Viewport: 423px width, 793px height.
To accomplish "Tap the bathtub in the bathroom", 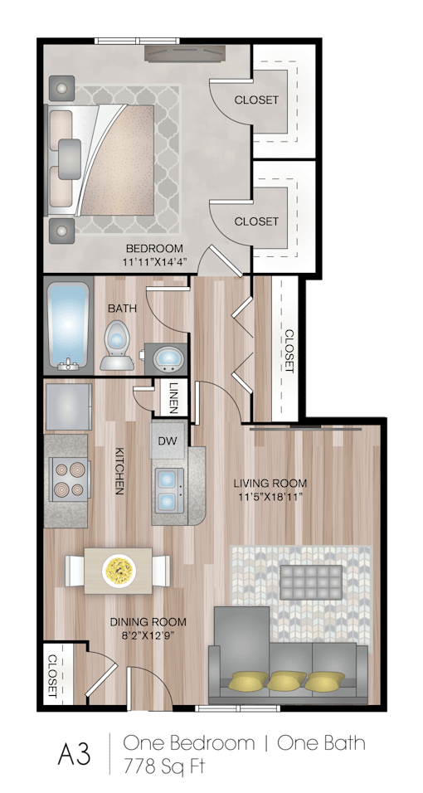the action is coord(68,327).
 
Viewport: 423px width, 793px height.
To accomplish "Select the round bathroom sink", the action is coord(168,358).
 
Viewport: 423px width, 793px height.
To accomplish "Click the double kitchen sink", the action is coord(168,489).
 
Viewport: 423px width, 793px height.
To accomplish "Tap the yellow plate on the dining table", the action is coord(119,570).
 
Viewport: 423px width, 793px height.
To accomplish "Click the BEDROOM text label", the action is coord(153,248).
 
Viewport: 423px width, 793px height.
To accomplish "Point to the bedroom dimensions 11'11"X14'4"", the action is coord(153,262).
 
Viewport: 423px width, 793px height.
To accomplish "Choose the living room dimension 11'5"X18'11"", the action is coord(270,497).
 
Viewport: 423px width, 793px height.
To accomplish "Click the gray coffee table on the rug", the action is coord(311,582).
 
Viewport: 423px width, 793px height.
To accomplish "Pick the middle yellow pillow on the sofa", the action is coord(286,682).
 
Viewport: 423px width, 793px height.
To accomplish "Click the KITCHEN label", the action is coord(120,471).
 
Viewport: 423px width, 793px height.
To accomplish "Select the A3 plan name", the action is coord(75,754).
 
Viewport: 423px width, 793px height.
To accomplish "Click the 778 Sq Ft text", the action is coord(165,766).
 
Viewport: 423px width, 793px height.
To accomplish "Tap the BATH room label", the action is coord(122,308).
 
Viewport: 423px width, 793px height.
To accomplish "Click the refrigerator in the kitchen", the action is coord(69,406).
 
